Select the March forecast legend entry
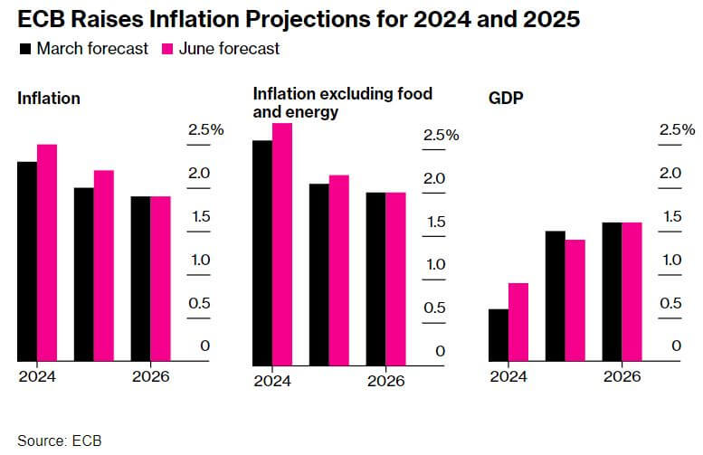(x=83, y=49)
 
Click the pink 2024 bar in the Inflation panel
(x=47, y=252)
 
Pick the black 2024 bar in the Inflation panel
(x=27, y=261)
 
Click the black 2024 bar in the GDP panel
(x=498, y=335)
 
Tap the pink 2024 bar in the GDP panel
(x=518, y=322)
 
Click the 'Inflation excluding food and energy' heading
(x=342, y=103)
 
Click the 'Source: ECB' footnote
(x=59, y=441)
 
